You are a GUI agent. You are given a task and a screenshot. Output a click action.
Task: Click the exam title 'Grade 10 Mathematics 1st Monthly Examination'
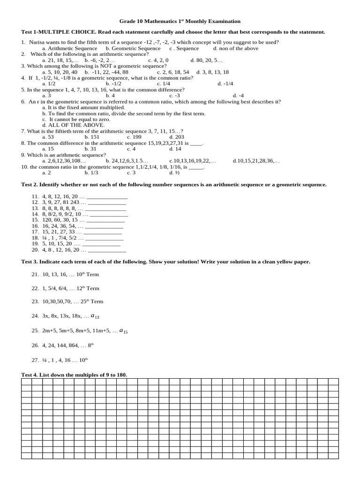pyautogui.click(x=180, y=21)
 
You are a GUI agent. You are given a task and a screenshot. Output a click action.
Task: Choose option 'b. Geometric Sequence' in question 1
pyautogui.click(x=133, y=48)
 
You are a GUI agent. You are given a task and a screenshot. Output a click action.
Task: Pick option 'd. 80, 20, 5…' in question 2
pyautogui.click(x=207, y=60)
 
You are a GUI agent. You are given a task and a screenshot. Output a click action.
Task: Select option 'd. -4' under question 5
pyautogui.click(x=238, y=95)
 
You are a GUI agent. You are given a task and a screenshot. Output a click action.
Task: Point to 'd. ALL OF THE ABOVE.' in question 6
pyautogui.click(x=73, y=125)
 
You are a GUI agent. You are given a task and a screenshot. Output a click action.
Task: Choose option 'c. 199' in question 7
pyautogui.click(x=134, y=137)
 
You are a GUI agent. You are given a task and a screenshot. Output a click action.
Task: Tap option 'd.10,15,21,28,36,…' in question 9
pyautogui.click(x=256, y=160)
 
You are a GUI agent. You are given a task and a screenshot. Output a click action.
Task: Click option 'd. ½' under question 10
pyautogui.click(x=174, y=172)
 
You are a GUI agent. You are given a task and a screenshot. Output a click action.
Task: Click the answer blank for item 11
pyautogui.click(x=107, y=196)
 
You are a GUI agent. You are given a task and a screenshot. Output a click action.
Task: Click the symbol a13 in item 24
pyautogui.click(x=95, y=316)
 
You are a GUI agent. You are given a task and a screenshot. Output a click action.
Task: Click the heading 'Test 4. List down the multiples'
pyautogui.click(x=74, y=375)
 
